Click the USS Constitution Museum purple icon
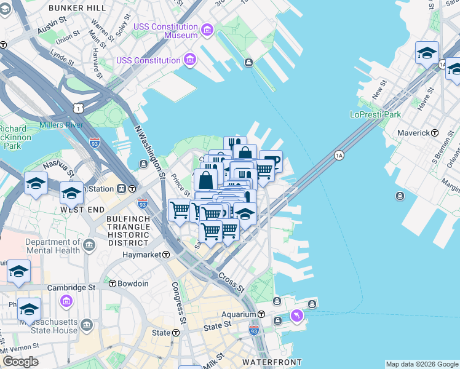[206, 30]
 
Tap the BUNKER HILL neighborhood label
[74, 7]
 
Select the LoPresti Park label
[375, 114]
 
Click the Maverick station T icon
[434, 133]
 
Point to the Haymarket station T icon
[166, 254]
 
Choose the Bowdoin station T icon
[113, 284]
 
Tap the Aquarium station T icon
[261, 314]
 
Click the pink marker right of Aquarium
[297, 315]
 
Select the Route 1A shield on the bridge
[339, 156]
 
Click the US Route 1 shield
[77, 108]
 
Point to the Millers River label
[61, 125]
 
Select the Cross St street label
[231, 282]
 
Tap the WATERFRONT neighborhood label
[271, 362]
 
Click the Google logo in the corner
[20, 362]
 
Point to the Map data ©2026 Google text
[422, 364]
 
